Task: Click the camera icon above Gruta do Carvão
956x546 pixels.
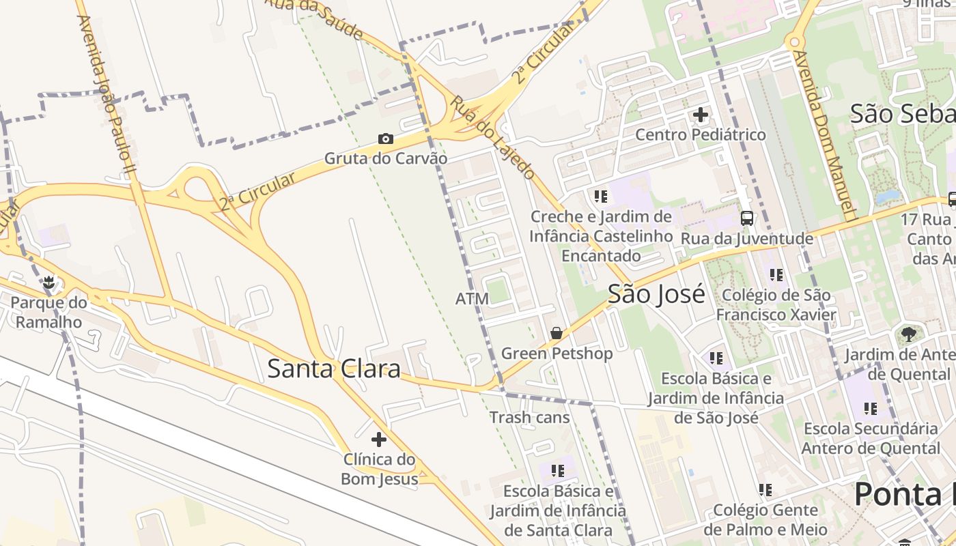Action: (x=386, y=139)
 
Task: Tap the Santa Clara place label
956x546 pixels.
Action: (x=333, y=369)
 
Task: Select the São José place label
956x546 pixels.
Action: (x=656, y=294)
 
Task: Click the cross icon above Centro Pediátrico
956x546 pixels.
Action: (x=701, y=115)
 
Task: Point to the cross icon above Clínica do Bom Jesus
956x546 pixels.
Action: (x=378, y=440)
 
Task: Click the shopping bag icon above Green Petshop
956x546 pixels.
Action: (x=557, y=333)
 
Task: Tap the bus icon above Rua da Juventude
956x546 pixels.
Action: (x=747, y=218)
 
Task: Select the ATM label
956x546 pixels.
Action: (x=472, y=299)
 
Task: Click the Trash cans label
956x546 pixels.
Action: (x=529, y=417)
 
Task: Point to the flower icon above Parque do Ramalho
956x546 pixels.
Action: (x=48, y=282)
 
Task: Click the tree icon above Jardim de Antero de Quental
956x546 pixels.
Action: (x=908, y=334)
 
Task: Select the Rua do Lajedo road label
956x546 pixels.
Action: (x=492, y=137)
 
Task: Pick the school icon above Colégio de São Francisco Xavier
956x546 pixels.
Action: (x=776, y=275)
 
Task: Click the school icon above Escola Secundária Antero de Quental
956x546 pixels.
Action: (x=871, y=409)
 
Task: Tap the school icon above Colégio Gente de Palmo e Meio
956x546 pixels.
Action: (x=765, y=490)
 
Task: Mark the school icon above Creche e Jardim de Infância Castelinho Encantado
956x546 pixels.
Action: (x=601, y=197)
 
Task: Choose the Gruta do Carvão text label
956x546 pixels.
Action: (x=386, y=158)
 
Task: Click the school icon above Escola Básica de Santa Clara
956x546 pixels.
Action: (x=558, y=471)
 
